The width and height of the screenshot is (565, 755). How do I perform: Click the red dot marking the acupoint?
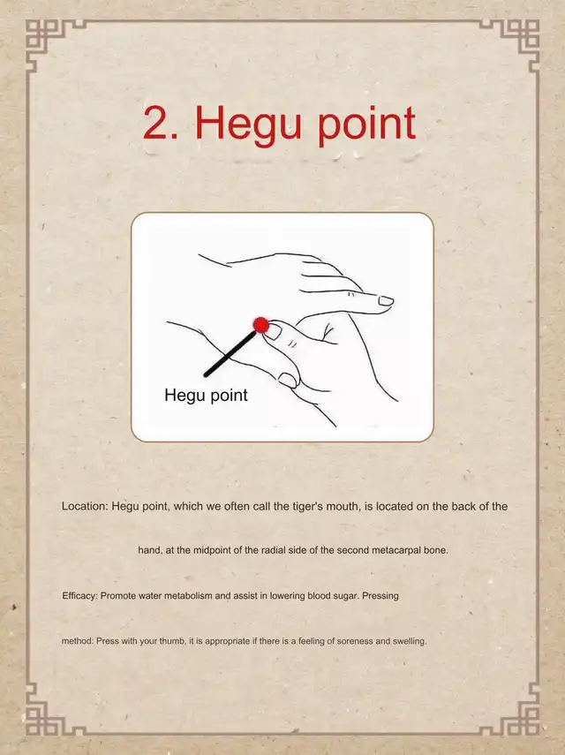tap(260, 325)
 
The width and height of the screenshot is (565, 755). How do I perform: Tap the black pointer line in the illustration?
tap(230, 353)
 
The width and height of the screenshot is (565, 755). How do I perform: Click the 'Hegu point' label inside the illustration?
tap(206, 396)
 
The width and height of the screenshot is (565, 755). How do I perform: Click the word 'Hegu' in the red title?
tap(248, 125)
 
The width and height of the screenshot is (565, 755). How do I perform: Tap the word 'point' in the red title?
tap(366, 125)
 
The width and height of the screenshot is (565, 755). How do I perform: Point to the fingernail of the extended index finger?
tap(386, 301)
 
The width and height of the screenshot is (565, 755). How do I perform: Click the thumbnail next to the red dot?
tap(274, 332)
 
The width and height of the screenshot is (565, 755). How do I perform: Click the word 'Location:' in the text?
tap(85, 507)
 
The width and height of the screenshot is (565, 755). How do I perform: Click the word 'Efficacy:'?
tap(79, 596)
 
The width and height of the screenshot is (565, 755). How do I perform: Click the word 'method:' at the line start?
tap(78, 641)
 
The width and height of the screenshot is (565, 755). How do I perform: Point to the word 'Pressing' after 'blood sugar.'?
tap(380, 596)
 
